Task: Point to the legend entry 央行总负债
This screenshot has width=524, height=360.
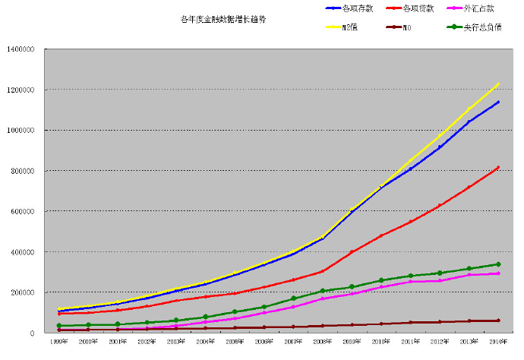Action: pyautogui.click(x=482, y=28)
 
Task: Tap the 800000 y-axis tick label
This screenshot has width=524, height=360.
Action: pyautogui.click(x=23, y=171)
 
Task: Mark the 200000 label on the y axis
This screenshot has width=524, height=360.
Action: pyautogui.click(x=23, y=292)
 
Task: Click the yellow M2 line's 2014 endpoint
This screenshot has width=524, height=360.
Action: pyautogui.click(x=498, y=84)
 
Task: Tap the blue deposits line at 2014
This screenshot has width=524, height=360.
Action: pyautogui.click(x=498, y=102)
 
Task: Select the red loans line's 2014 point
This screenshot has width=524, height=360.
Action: pyautogui.click(x=498, y=167)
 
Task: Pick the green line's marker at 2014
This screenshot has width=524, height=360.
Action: pyautogui.click(x=498, y=264)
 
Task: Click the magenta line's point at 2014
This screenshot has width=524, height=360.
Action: pyautogui.click(x=498, y=273)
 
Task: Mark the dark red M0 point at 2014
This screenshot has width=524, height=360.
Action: pyautogui.click(x=498, y=321)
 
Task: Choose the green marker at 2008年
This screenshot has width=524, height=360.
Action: pyautogui.click(x=323, y=291)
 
